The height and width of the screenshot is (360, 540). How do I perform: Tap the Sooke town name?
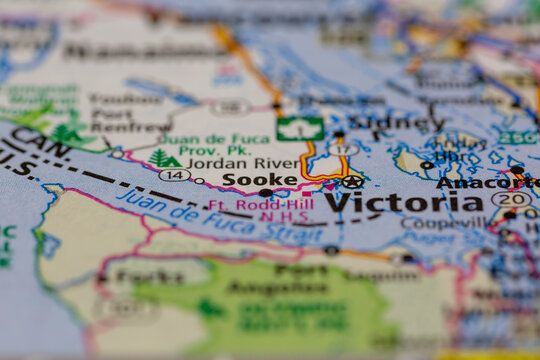click(259, 179)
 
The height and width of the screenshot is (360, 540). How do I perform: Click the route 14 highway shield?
click(174, 174)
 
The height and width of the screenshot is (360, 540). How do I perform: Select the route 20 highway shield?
click(510, 199)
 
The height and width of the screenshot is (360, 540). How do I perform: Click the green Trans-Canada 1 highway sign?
click(300, 129)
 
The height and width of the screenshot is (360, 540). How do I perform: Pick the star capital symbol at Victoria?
click(352, 182)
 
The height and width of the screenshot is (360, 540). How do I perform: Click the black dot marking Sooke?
click(265, 192)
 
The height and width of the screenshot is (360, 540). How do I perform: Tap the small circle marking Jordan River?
click(198, 181)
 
